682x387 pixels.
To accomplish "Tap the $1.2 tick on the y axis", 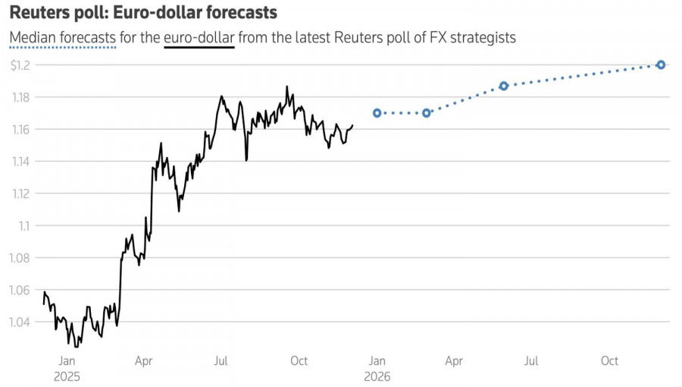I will point(20,65).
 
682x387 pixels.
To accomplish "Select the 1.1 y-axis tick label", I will point(25,225).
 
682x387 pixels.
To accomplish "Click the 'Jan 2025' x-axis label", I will point(67,368).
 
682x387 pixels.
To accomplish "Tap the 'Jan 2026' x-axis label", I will point(377,368).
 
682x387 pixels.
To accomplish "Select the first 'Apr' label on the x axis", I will point(144,361).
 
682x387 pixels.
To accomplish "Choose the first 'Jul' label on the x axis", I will point(221,361).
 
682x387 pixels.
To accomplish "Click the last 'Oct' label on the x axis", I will point(610,361).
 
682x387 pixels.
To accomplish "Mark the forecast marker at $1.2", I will point(661,64).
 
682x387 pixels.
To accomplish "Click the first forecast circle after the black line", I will point(377,113).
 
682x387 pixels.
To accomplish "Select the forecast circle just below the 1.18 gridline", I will point(504,86).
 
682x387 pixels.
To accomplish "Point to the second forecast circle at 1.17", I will point(427,113).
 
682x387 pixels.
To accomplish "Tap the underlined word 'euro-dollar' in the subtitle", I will point(199,37).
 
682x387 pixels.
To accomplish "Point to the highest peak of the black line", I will point(286,87).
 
